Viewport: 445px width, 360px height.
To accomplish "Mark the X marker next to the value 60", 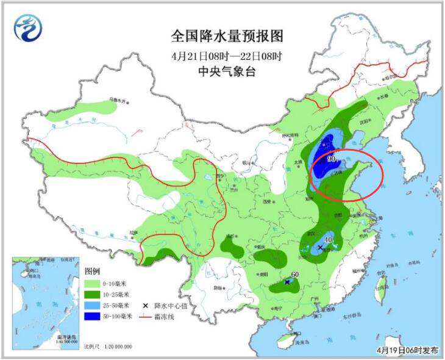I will tap(287, 282).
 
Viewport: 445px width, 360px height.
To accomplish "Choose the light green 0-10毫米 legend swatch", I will tap(92, 284).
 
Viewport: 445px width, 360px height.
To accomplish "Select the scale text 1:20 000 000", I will tap(115, 347).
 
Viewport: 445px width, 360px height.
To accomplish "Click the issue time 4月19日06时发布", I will tap(407, 350).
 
